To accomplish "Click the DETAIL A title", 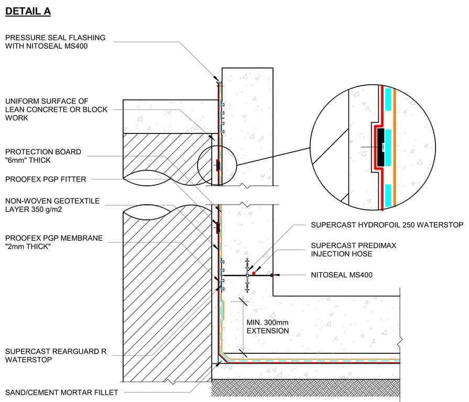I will click(x=28, y=12).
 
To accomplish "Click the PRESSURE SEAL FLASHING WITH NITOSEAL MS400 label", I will click(x=55, y=42).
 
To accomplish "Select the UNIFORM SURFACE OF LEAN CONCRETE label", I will click(x=56, y=109).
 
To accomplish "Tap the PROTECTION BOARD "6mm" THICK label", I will click(x=43, y=156).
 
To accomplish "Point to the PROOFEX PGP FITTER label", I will click(x=46, y=180).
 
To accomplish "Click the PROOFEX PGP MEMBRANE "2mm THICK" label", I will click(x=54, y=242).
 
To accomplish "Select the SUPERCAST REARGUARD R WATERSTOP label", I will click(x=56, y=355).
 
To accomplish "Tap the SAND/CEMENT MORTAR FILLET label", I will click(x=62, y=392).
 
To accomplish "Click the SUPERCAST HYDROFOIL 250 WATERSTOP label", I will click(x=387, y=225).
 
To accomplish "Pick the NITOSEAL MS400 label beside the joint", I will click(x=341, y=275).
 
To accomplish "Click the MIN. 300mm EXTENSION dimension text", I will click(x=267, y=327).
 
